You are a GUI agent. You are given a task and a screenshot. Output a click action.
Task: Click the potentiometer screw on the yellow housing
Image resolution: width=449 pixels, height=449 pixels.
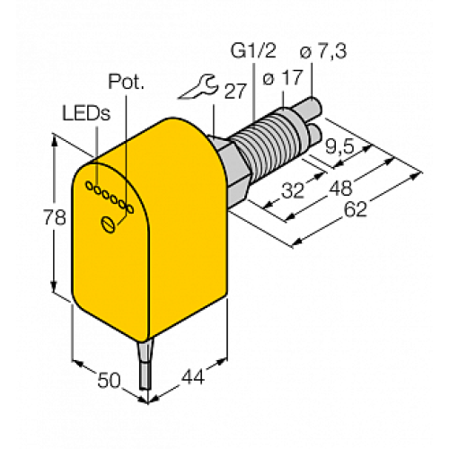click(x=110, y=224)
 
